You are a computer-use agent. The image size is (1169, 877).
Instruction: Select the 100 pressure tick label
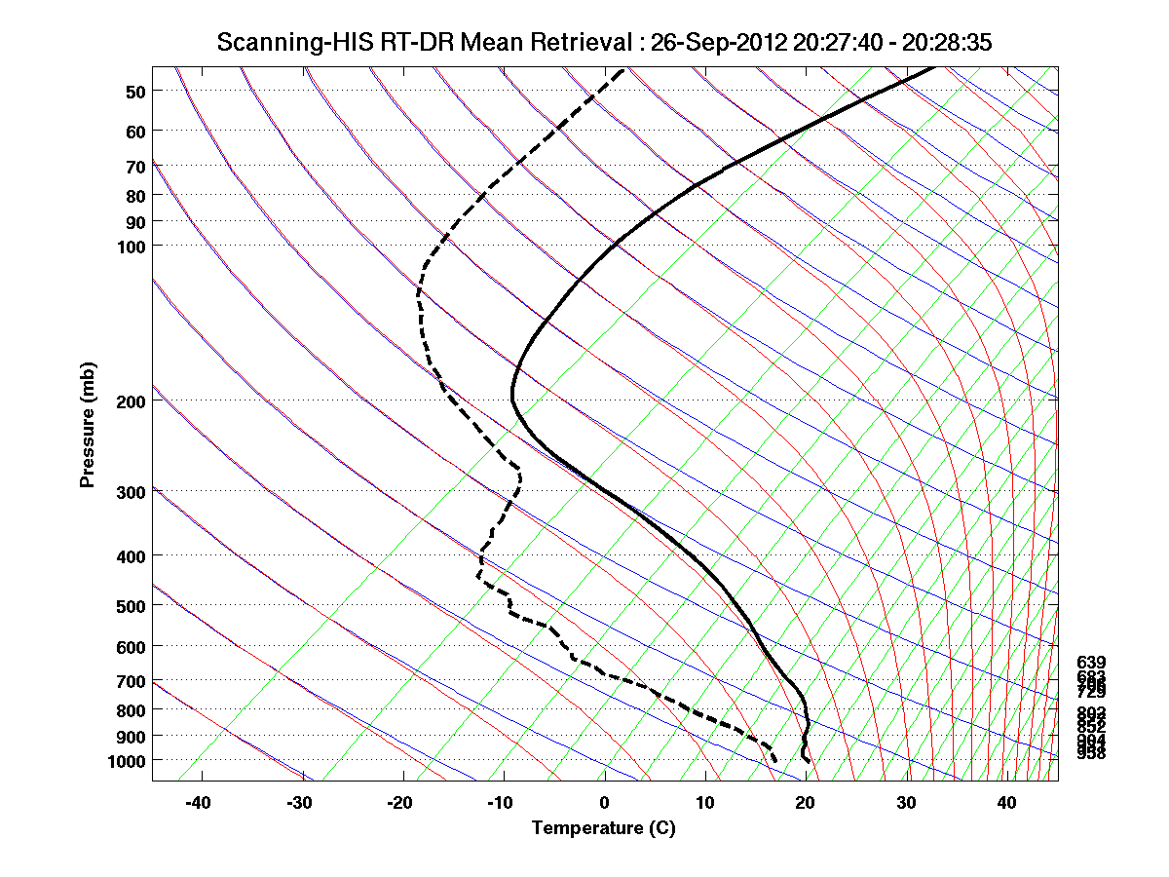(x=130, y=246)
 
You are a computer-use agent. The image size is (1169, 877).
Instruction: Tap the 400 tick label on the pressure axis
(x=130, y=556)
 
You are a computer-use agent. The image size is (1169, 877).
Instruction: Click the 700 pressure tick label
(x=130, y=681)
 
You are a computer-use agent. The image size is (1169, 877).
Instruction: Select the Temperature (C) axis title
(x=603, y=828)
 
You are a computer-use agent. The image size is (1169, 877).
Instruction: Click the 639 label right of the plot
(x=1091, y=663)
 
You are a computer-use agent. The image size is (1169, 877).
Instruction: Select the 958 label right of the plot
(x=1091, y=753)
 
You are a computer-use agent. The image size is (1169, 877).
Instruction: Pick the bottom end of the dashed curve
(x=774, y=760)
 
